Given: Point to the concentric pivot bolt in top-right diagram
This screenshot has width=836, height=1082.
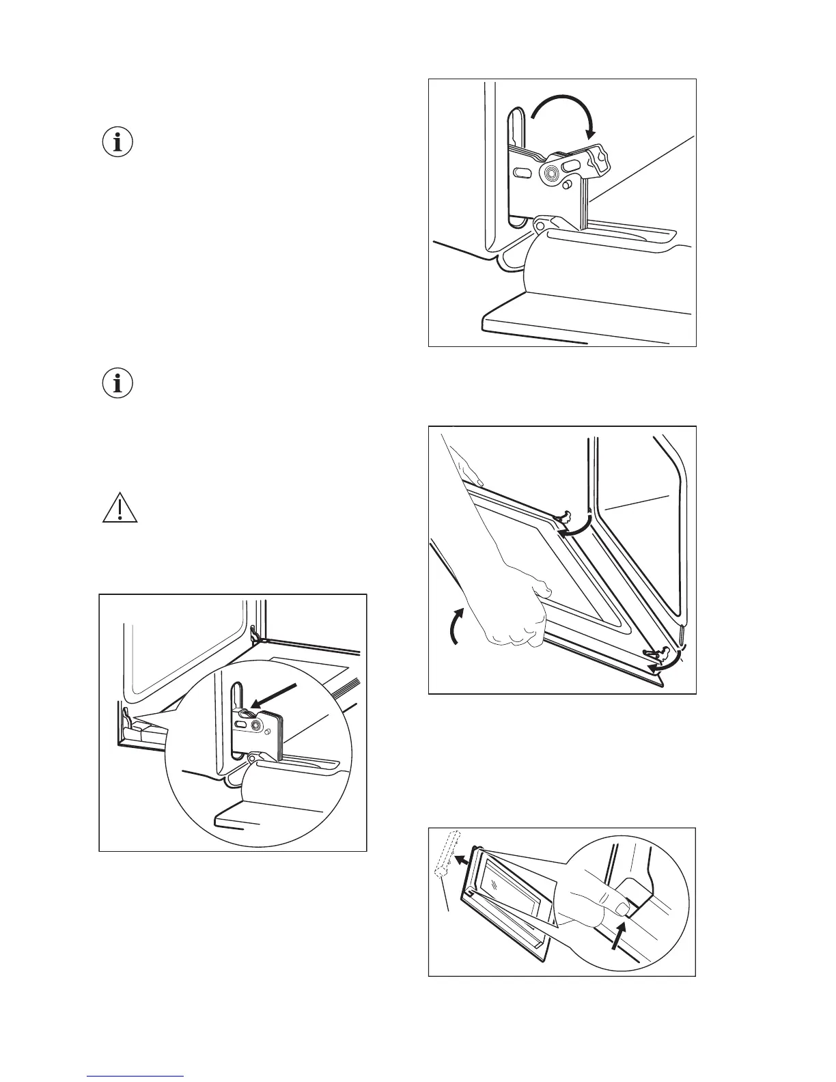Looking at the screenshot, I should (550, 174).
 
